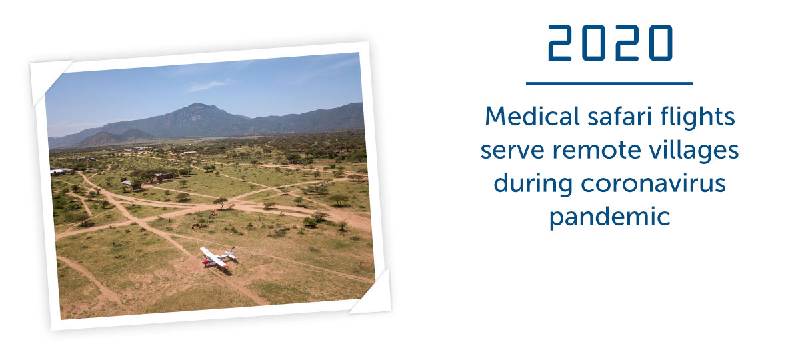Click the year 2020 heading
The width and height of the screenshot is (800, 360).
coord(610,43)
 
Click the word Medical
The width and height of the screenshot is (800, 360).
coord(532,117)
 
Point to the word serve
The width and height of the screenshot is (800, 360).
coord(512,151)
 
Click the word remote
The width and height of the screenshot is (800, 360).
coord(597,151)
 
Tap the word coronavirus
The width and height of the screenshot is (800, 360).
coord(653,184)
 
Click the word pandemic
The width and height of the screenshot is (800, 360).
coord(609,217)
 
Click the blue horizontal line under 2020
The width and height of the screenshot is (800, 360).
coord(609,83)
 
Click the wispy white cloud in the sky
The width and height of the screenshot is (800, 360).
coord(207,86)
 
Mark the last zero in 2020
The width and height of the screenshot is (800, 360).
coord(661,43)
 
